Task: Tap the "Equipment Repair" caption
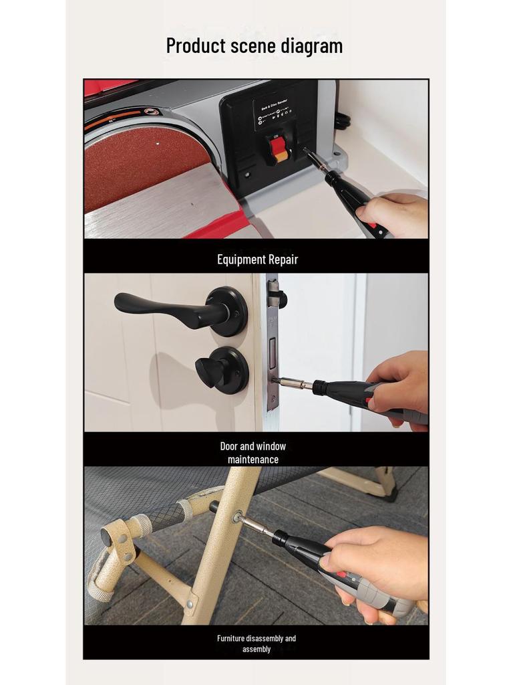click(x=257, y=260)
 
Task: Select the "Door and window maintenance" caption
click(x=253, y=453)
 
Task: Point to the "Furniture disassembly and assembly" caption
click(x=256, y=644)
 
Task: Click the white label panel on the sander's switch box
click(x=275, y=111)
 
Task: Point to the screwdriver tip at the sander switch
click(x=308, y=153)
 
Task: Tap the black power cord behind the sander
click(x=343, y=121)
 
